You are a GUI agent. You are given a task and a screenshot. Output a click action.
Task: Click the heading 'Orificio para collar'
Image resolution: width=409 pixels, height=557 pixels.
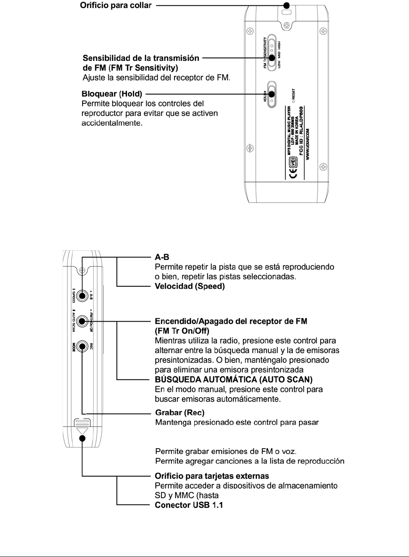point(115,6)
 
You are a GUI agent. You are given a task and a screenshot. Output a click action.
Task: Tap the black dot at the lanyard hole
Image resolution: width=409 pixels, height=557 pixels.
point(287,5)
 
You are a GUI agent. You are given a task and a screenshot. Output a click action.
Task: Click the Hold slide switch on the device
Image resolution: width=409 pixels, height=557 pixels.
point(272,94)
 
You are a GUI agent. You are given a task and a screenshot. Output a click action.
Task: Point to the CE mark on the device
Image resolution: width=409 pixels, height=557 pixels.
point(293,173)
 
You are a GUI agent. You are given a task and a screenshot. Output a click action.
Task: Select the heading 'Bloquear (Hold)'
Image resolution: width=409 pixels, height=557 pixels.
point(112,94)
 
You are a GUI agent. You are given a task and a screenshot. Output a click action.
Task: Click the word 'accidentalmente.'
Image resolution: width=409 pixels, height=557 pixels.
point(112,123)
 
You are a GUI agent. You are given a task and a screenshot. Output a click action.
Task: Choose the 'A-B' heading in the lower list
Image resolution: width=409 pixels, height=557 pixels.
point(162,257)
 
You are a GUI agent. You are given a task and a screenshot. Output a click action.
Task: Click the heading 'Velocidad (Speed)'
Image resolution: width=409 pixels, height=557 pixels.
point(190,286)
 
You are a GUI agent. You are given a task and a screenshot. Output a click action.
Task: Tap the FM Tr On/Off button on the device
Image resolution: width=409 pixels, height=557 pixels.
point(82,321)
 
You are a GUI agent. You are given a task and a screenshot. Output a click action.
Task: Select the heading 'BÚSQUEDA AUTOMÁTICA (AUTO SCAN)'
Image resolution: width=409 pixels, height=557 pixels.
point(234,380)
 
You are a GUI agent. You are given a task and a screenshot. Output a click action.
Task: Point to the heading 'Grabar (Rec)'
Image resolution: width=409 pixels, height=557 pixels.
point(180,412)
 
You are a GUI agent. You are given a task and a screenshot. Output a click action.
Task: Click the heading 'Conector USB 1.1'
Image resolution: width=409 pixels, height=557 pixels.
point(189,505)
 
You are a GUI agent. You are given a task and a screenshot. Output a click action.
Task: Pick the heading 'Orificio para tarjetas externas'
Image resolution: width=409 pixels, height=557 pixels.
point(212,476)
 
